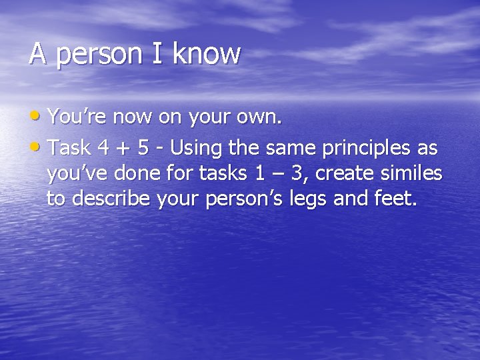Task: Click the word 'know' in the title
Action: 206,54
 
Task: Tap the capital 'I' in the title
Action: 158,54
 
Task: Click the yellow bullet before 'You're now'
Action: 36,117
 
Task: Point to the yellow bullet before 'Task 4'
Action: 36,145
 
